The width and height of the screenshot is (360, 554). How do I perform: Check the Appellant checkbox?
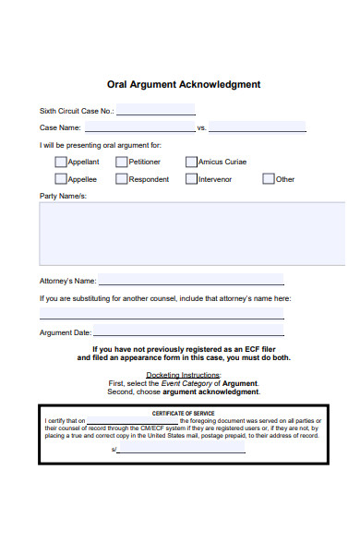(61, 162)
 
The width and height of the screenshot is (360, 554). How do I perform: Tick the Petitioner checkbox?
(121, 162)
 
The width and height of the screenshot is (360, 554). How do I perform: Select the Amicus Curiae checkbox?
(191, 162)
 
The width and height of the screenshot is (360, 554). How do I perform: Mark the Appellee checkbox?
(61, 179)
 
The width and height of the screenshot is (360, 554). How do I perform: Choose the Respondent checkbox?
(121, 179)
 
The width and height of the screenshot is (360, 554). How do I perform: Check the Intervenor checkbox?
(191, 179)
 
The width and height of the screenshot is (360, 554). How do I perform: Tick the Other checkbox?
(269, 179)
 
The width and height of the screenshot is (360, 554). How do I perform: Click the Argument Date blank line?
(188, 333)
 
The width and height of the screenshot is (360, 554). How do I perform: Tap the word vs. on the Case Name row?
(202, 128)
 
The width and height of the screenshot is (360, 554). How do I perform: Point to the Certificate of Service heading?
(182, 413)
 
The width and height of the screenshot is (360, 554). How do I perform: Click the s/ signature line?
(182, 451)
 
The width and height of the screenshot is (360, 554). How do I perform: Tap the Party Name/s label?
(63, 197)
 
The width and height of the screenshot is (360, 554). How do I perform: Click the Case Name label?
(60, 128)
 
